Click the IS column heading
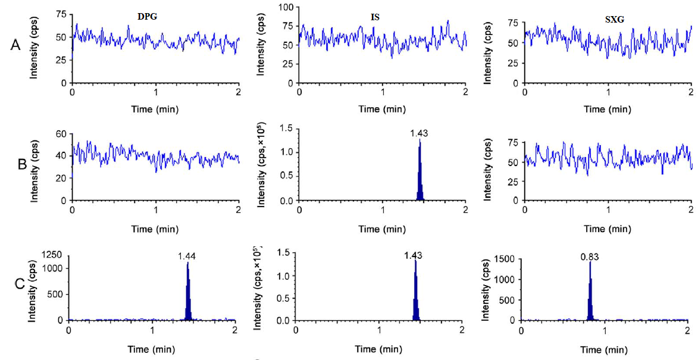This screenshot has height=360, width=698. [x=375, y=18]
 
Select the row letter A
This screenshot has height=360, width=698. [x=17, y=45]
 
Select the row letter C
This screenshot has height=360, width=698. [x=19, y=284]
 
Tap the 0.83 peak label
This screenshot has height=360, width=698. [x=590, y=257]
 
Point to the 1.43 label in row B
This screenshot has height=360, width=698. [x=419, y=134]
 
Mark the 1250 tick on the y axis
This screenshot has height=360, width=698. [x=54, y=255]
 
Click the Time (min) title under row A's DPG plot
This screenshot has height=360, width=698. [x=155, y=109]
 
